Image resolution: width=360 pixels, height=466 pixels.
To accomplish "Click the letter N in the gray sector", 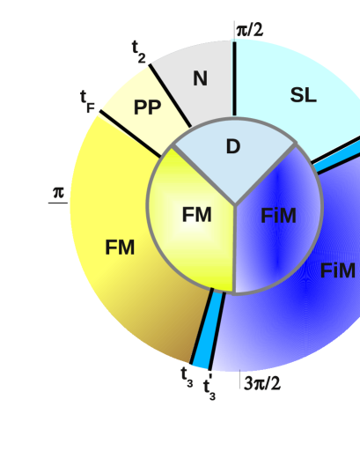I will pyautogui.click(x=200, y=79).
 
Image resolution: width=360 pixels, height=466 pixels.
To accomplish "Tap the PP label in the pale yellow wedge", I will pyautogui.click(x=147, y=108).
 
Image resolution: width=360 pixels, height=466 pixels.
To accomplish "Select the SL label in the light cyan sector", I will pyautogui.click(x=303, y=96).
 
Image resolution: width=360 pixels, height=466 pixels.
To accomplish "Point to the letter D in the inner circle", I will pyautogui.click(x=233, y=147).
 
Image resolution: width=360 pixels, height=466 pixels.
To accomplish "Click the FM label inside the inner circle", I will pyautogui.click(x=196, y=215).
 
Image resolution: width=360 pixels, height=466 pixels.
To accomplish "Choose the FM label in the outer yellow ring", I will pyautogui.click(x=120, y=248).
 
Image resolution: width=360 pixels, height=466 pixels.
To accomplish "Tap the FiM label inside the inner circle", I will pyautogui.click(x=278, y=216).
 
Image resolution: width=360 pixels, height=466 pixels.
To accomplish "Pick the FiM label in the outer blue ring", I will pyautogui.click(x=337, y=271).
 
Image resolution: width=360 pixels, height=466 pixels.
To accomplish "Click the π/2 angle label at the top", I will pyautogui.click(x=249, y=30).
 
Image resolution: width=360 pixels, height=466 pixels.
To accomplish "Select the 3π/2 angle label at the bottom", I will pyautogui.click(x=262, y=383).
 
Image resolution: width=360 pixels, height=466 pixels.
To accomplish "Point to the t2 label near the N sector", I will pyautogui.click(x=139, y=49).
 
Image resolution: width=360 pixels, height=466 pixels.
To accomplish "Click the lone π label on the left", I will pyautogui.click(x=59, y=191).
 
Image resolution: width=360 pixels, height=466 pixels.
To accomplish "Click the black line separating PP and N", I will pyautogui.click(x=171, y=95).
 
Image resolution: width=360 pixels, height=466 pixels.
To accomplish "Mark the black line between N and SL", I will pyautogui.click(x=233, y=79).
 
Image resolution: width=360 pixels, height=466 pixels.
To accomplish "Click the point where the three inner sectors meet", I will pyautogui.click(x=234, y=206).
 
